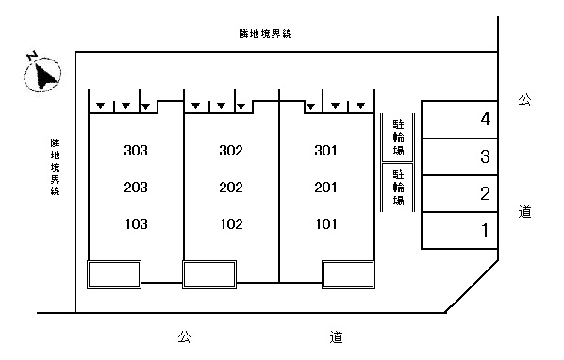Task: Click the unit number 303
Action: pos(136,151)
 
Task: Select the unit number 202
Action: pos(231,188)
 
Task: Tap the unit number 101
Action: pos(326,224)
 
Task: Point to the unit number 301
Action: pos(326,151)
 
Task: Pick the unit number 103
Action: pos(136,224)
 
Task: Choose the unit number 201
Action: pos(326,188)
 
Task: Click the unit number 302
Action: pos(231,151)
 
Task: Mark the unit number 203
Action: pos(136,188)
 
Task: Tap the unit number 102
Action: pos(231,224)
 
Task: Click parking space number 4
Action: pos(485,119)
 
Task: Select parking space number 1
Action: pos(485,230)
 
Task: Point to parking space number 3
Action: pos(485,156)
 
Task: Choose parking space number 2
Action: pos(485,193)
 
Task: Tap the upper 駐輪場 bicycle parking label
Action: pos(398,138)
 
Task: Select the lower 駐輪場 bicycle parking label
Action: pos(398,188)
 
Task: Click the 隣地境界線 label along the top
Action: pos(265,33)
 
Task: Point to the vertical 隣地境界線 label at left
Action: pos(55,167)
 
